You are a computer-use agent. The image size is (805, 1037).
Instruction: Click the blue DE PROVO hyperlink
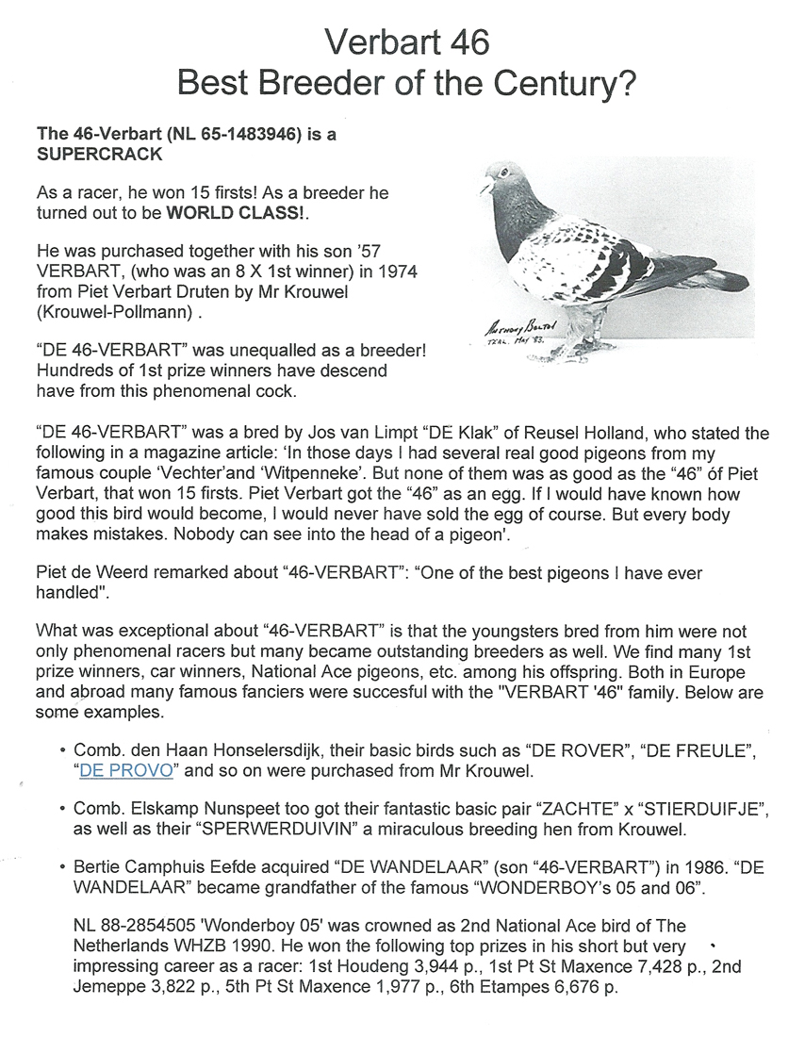(x=126, y=769)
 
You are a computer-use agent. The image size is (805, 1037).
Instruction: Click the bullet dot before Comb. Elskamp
(x=62, y=809)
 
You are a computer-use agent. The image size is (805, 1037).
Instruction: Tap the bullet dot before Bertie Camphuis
(x=62, y=867)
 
